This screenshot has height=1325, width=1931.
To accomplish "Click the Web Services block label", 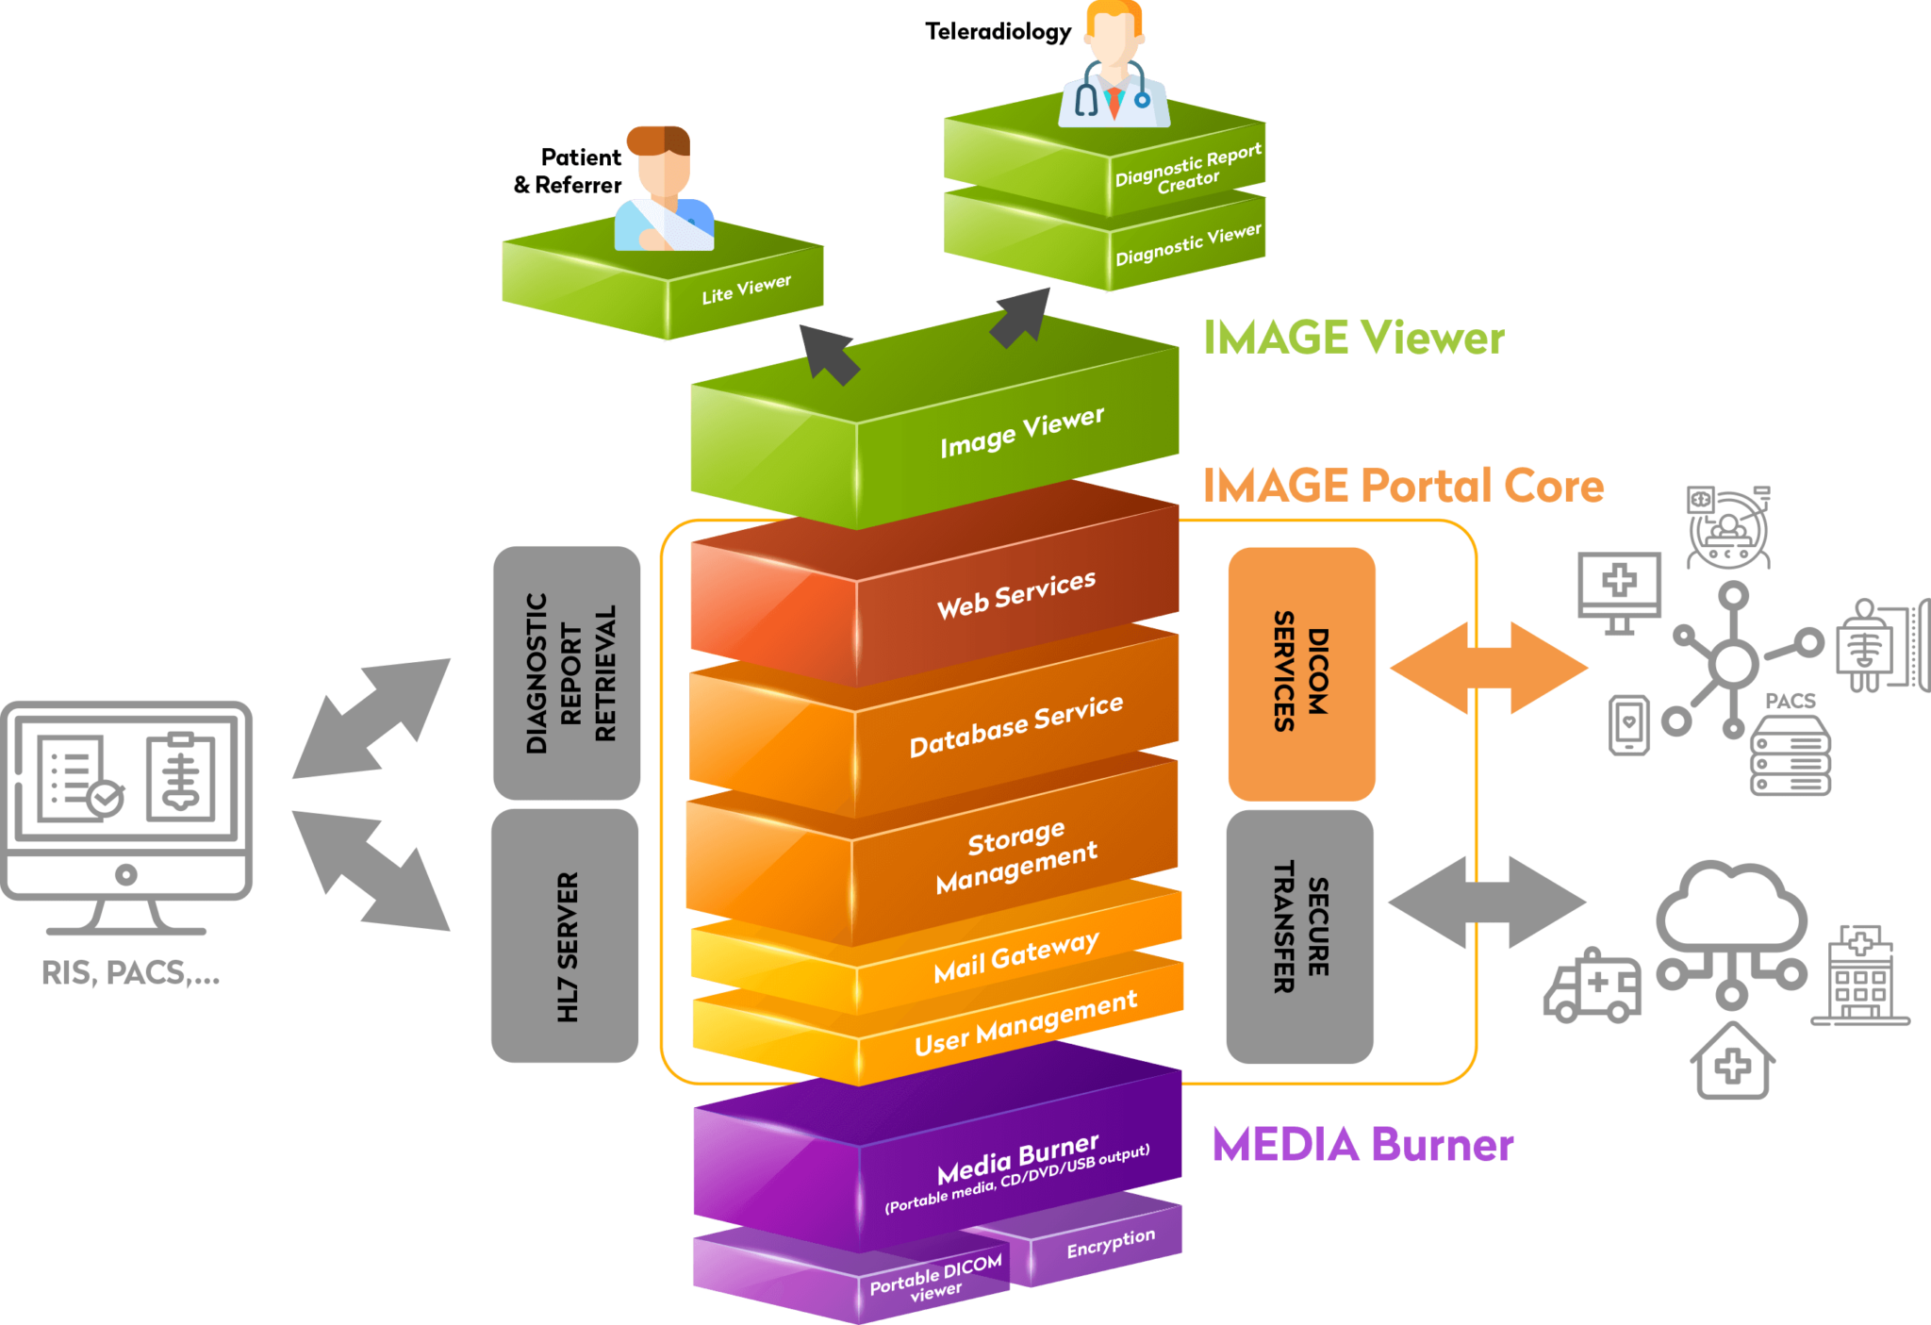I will (1015, 595).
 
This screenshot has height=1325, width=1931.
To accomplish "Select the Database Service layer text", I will (1015, 726).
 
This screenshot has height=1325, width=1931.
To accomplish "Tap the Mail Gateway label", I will (1015, 957).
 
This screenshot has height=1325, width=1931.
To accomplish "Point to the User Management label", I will (1025, 1023).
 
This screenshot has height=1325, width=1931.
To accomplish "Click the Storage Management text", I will (1015, 856).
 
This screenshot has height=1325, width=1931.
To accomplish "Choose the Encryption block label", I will (1110, 1242).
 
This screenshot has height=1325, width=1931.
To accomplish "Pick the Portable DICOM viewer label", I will (935, 1280).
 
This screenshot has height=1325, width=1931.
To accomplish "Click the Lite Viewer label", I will (746, 289).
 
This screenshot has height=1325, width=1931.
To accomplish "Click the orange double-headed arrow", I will (1489, 668).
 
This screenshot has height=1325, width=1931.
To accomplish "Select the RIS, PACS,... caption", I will (130, 972).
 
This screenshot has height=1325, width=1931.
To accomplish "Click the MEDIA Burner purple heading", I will (1362, 1145).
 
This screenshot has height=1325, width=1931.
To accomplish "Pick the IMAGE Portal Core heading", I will (1403, 486).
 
